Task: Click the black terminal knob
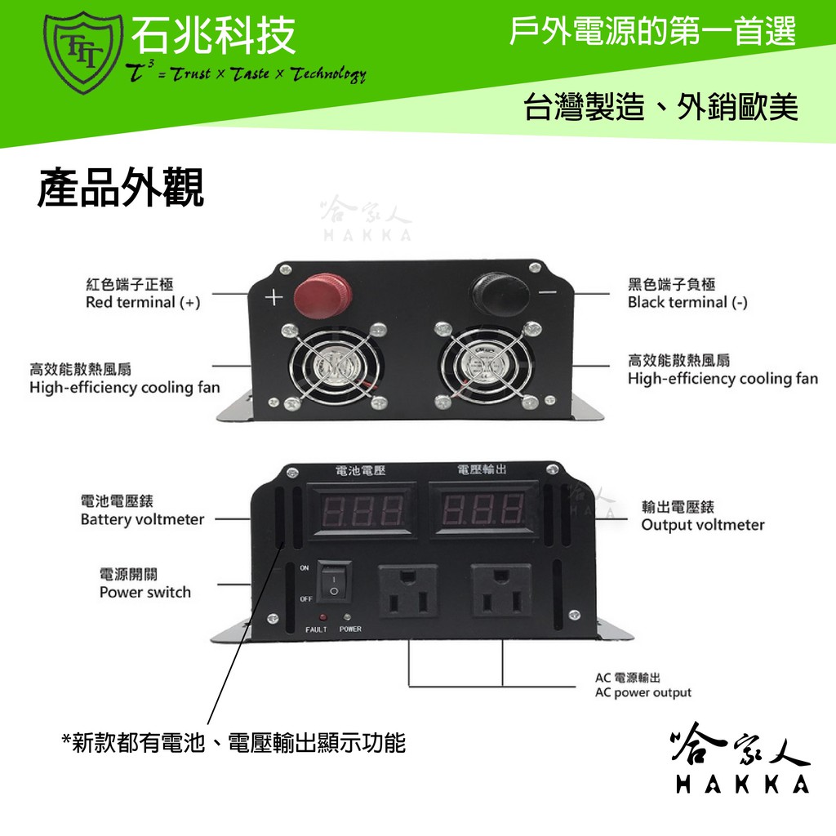point(500,294)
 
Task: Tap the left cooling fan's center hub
point(334,367)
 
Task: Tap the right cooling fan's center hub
point(486,365)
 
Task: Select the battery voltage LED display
point(362,510)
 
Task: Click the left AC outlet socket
point(408,591)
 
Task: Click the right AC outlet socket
point(500,591)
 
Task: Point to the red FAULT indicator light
point(322,617)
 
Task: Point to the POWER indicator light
point(347,617)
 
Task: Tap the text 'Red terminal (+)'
point(143,302)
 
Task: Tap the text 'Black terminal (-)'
point(687,302)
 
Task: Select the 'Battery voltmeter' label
point(142,519)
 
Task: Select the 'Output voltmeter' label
point(703,525)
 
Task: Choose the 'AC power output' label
point(643,692)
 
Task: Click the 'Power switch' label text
point(145,593)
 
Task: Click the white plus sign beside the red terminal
point(274,297)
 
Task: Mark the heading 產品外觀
point(121,188)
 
